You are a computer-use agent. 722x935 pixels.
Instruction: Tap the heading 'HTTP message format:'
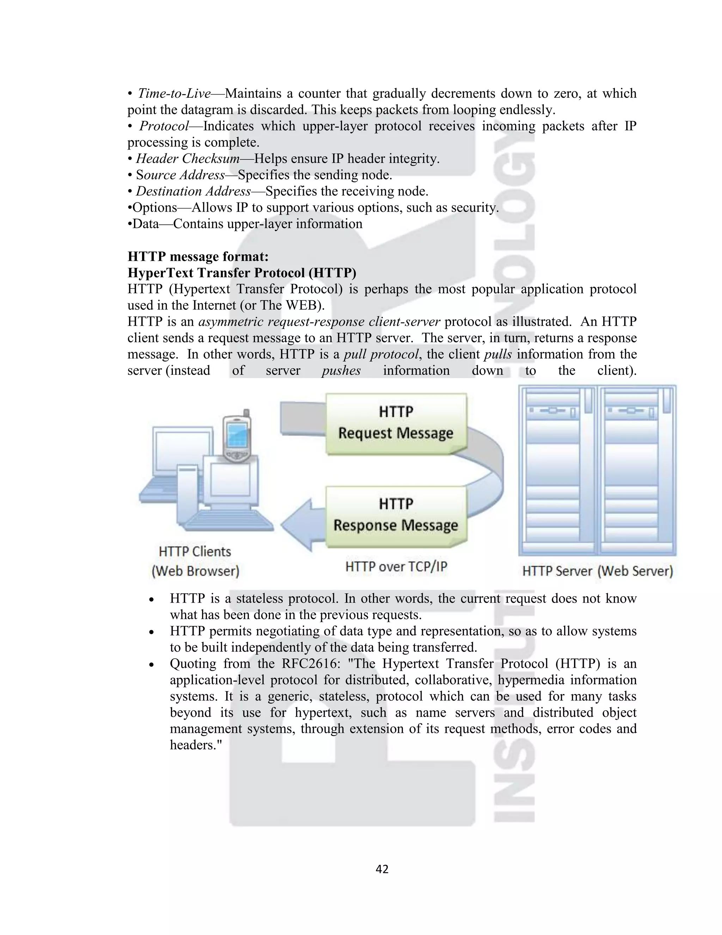198,257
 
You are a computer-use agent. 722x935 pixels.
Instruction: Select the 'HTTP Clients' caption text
195,551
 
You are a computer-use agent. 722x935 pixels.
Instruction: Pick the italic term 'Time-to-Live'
175,93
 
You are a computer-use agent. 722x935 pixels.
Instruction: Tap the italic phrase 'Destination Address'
193,191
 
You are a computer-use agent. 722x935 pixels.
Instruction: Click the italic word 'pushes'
341,370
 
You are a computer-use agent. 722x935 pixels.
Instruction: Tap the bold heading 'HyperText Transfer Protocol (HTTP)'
241,273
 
